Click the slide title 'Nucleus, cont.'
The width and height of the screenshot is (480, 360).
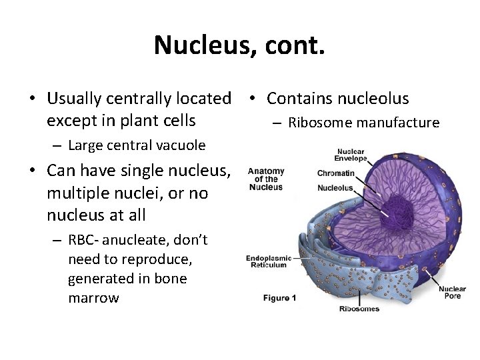239,45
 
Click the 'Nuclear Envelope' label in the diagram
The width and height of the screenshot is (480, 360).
351,155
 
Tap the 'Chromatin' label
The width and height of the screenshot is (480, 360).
336,173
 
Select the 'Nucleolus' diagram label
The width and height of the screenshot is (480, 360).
335,188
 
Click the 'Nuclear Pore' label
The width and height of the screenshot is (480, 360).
452,292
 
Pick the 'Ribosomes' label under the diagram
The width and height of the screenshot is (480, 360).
359,309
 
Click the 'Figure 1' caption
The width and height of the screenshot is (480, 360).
279,297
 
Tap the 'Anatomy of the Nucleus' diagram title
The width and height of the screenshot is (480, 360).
266,179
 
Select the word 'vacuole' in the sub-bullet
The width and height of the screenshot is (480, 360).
181,145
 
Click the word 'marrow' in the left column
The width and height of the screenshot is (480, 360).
93,298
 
